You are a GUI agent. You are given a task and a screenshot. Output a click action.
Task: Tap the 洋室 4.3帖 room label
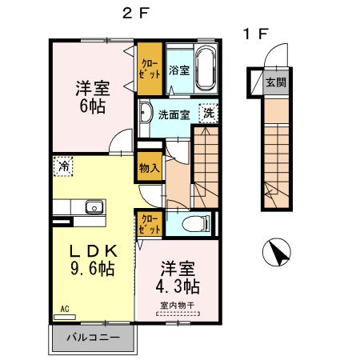(178, 277)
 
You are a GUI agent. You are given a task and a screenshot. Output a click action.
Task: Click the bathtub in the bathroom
(206, 69)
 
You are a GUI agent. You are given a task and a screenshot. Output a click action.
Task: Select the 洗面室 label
(173, 114)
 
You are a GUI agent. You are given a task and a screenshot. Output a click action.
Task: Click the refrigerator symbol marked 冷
(62, 167)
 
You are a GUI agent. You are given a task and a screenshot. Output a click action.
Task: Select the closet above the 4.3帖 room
(150, 223)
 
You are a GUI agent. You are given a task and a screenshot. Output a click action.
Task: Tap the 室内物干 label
(177, 305)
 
